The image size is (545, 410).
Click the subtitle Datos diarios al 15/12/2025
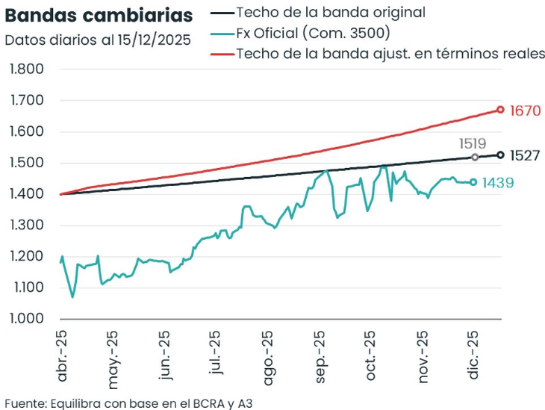pos(97,40)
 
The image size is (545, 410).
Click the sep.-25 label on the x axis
pos(320,356)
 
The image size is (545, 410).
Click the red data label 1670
pos(525,111)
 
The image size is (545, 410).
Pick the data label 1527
pos(525,156)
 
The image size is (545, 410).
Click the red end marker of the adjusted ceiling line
pos(500,110)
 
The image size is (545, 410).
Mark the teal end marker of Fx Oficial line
pos(473,182)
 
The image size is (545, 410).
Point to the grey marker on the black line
pos(475,157)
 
